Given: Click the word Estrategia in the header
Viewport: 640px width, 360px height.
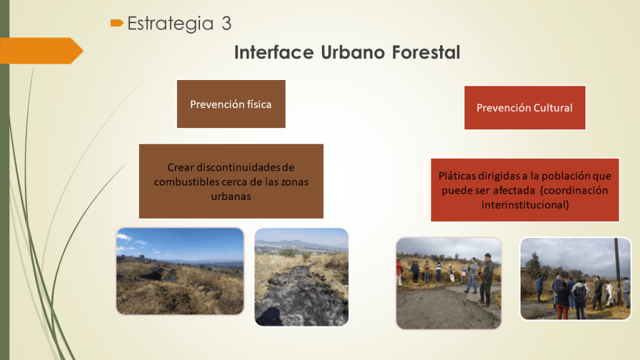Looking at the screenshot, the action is [x=170, y=24].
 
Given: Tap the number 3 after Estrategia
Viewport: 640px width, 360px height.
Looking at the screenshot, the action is [x=226, y=23].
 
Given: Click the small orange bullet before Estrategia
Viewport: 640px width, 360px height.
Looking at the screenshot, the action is [x=117, y=23].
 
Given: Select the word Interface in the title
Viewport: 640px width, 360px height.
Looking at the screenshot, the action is [x=274, y=52].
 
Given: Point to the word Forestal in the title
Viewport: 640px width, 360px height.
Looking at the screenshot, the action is [x=426, y=52].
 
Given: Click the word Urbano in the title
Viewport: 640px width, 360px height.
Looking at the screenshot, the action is [x=352, y=52].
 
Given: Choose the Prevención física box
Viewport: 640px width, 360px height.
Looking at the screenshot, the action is [x=231, y=104].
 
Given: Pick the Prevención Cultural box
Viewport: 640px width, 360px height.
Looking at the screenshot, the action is [x=525, y=107].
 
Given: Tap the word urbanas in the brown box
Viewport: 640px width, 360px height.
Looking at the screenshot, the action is [x=231, y=196].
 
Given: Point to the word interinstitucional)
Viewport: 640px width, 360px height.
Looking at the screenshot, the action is [x=525, y=205].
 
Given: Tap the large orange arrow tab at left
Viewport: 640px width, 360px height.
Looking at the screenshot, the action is [x=41, y=51].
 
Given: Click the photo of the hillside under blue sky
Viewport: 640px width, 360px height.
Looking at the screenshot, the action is [x=180, y=271].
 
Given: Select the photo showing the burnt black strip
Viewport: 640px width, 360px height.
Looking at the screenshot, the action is [x=302, y=277].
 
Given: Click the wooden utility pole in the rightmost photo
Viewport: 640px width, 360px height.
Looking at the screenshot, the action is [x=618, y=271].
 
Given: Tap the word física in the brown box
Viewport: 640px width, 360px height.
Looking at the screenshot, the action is [x=258, y=104].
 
